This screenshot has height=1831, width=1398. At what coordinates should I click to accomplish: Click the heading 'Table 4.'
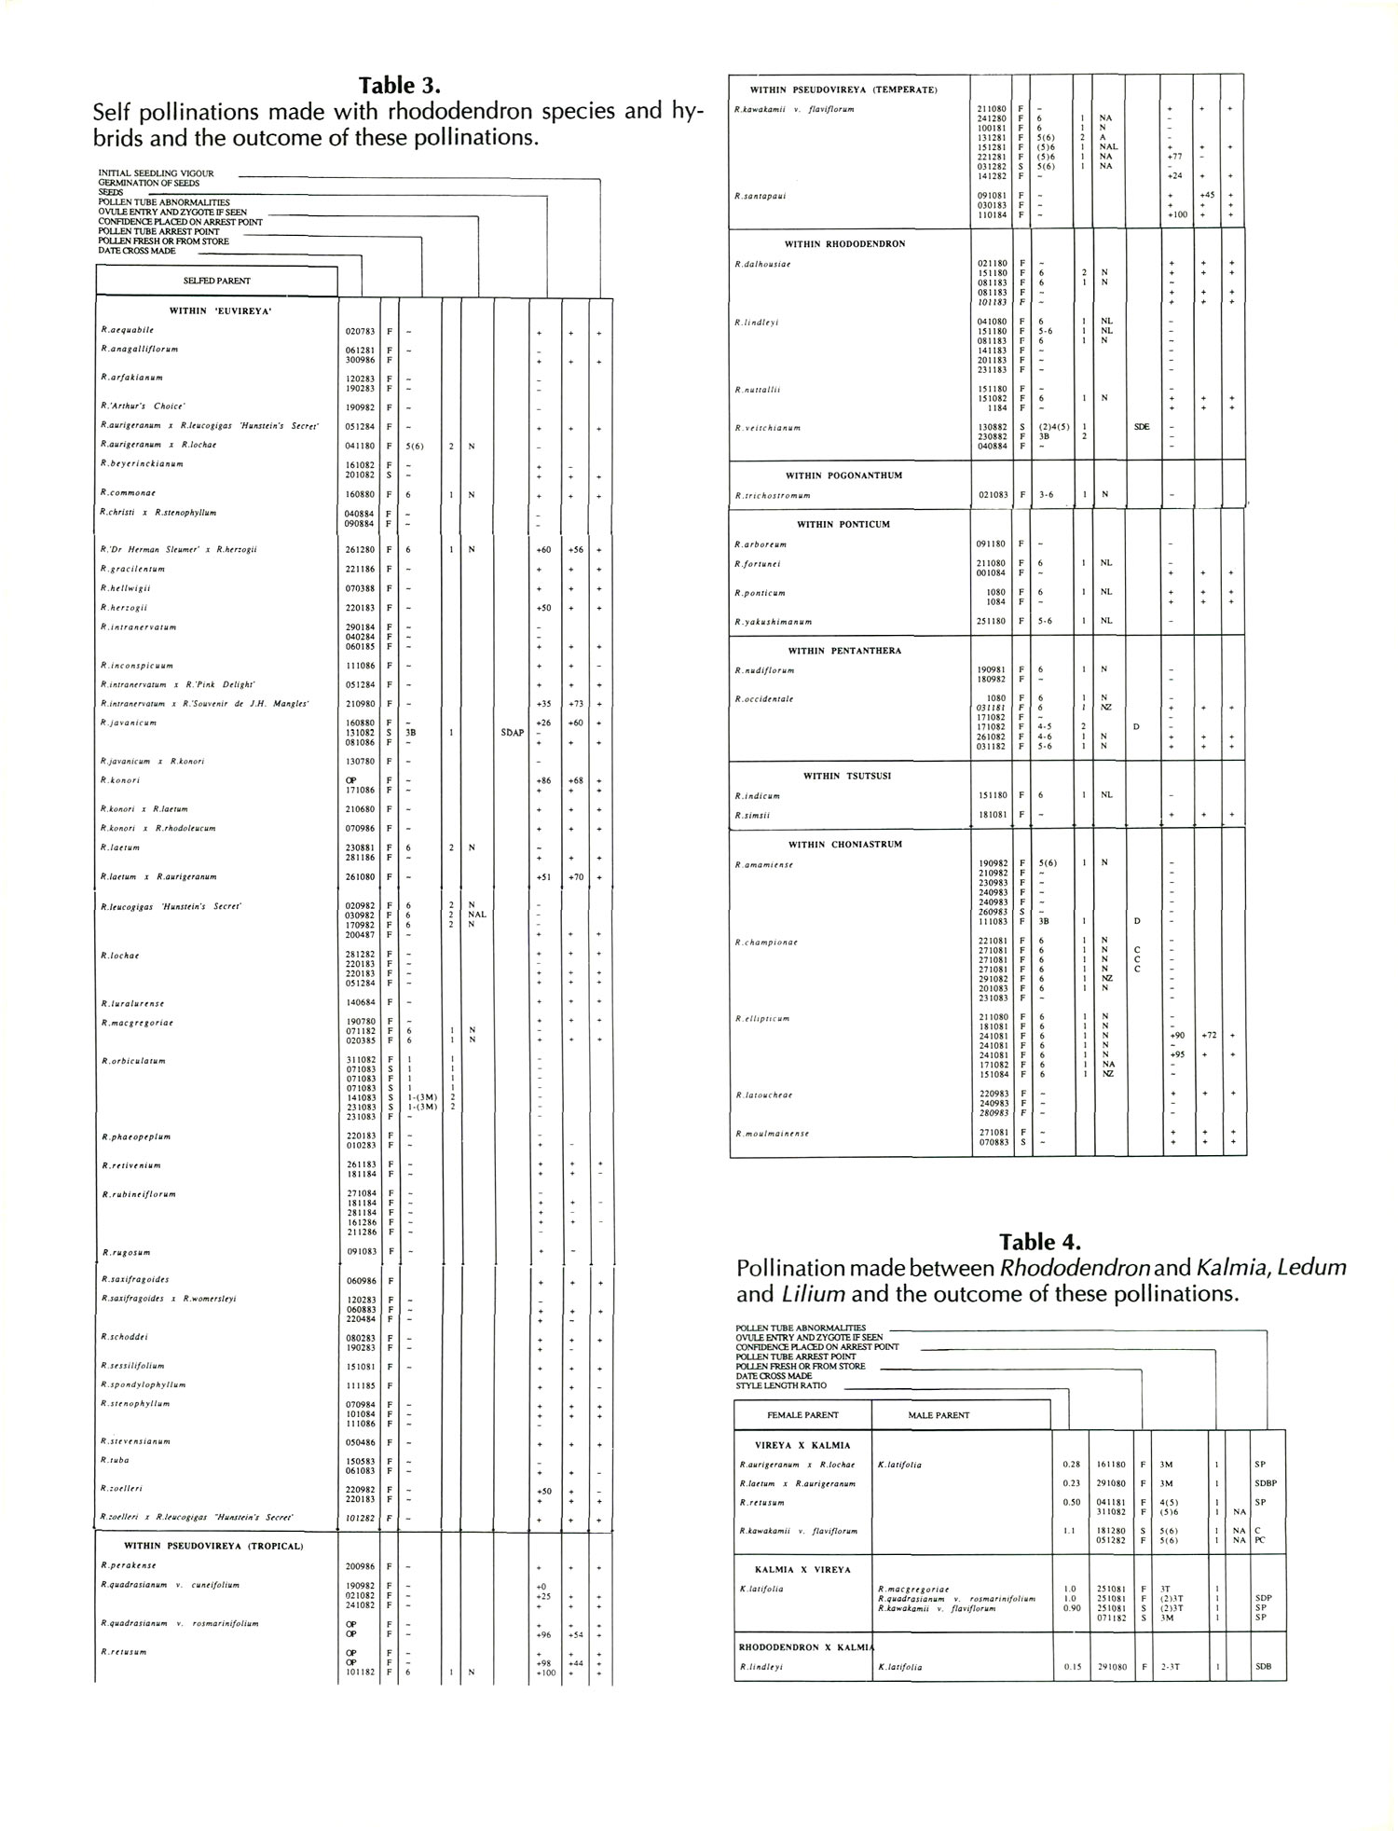click(x=1040, y=1242)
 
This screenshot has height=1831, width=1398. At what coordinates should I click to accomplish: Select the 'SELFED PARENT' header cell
click(x=216, y=281)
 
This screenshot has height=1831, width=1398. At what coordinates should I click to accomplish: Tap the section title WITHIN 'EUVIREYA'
click(x=220, y=311)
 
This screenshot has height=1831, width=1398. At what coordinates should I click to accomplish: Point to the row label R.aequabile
click(x=128, y=330)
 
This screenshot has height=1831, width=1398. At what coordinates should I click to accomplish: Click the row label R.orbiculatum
click(x=133, y=1061)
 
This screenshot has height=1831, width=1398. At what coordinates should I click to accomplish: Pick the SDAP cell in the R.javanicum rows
click(x=512, y=733)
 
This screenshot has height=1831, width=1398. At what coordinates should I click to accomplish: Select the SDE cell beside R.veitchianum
click(x=1142, y=427)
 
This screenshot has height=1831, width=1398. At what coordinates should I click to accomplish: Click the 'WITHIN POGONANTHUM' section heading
click(x=843, y=475)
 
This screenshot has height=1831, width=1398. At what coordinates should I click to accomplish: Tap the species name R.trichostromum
click(x=773, y=495)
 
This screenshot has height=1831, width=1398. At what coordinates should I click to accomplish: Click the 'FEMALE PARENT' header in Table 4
click(x=802, y=1415)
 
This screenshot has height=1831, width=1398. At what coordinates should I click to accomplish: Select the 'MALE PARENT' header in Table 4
click(x=939, y=1415)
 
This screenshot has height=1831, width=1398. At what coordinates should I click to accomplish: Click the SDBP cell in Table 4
click(x=1266, y=1483)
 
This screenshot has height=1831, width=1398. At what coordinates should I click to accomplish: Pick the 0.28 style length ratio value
click(x=1072, y=1464)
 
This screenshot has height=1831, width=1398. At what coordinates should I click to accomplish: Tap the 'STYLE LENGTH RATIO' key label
click(x=780, y=1385)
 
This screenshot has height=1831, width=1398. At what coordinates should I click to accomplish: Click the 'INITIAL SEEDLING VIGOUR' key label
click(x=157, y=173)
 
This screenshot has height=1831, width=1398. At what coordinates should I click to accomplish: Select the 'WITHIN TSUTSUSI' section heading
click(x=847, y=776)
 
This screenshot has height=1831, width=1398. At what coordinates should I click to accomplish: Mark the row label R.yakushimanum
click(x=774, y=621)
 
